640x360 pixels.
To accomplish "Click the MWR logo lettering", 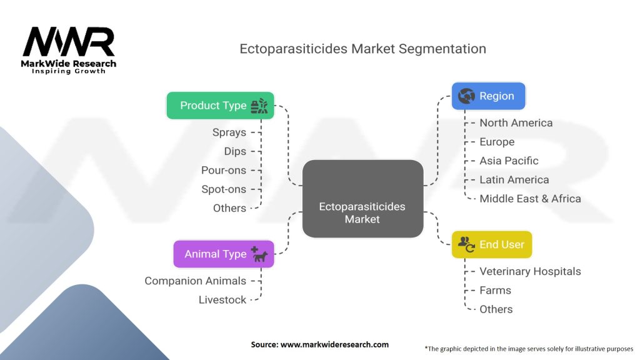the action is (x=69, y=42).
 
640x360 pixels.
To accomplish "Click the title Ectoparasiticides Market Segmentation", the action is (x=362, y=49).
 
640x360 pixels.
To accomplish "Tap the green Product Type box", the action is (x=220, y=106).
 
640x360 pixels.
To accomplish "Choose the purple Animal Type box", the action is (x=224, y=254).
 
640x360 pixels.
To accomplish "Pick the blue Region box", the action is (x=488, y=96).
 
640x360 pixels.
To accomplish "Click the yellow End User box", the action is (x=492, y=244).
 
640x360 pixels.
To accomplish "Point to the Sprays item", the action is (x=229, y=132).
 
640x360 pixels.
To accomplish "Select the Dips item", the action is (x=235, y=151).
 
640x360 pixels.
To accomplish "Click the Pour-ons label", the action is (x=224, y=170).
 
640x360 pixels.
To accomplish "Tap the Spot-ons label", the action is (x=224, y=189).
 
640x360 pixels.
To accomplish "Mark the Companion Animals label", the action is (x=196, y=281).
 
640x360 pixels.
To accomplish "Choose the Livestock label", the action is (x=222, y=299).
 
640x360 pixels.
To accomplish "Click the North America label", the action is (x=516, y=122).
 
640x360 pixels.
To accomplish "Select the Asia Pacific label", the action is (x=509, y=161).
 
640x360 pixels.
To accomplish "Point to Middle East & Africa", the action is (x=530, y=198).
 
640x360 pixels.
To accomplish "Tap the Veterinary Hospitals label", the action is (x=530, y=271).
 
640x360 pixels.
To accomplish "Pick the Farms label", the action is (x=495, y=290).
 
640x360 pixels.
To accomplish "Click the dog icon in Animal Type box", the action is (x=260, y=255).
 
